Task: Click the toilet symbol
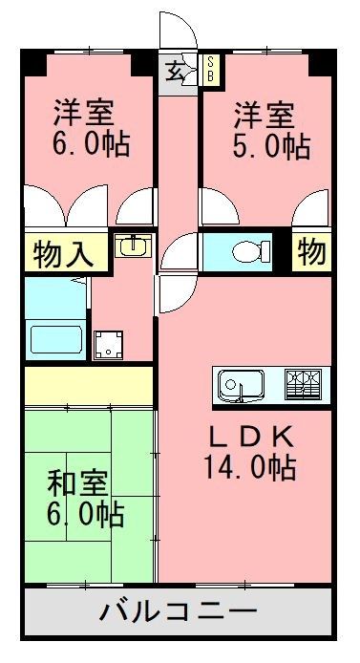(x=251, y=251)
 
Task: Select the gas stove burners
(x=303, y=384)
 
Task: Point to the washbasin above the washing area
(x=133, y=246)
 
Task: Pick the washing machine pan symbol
(x=109, y=345)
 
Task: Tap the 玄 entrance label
(x=175, y=70)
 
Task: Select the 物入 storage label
(x=63, y=254)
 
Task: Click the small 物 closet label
(x=312, y=252)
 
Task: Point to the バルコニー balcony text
(x=179, y=610)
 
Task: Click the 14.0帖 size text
(x=250, y=466)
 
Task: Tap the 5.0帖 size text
(x=271, y=146)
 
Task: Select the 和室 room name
(x=77, y=484)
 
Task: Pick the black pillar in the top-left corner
(x=33, y=62)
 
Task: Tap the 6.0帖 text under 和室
(x=85, y=514)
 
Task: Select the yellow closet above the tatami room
(x=89, y=385)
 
